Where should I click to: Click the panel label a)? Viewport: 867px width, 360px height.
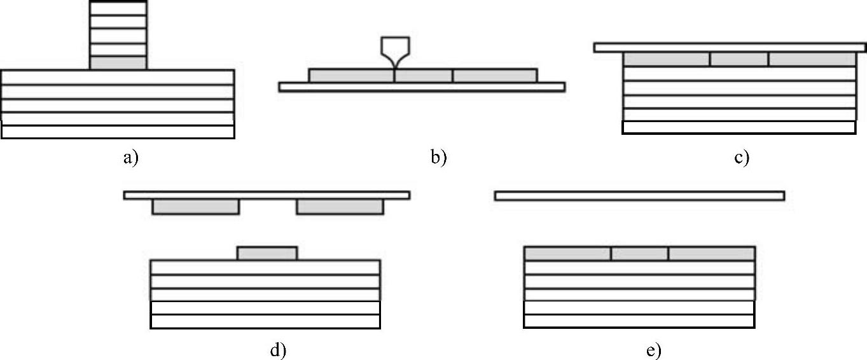click(130, 157)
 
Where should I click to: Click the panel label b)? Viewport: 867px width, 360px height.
click(438, 157)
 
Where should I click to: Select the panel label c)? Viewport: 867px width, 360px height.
click(741, 157)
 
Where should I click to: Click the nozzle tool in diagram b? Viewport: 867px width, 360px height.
click(394, 51)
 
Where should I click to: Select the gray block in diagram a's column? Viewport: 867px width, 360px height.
click(118, 63)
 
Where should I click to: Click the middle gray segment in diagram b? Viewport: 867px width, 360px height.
click(424, 76)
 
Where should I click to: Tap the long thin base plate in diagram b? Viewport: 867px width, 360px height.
click(422, 87)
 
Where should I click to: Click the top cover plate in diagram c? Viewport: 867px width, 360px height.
click(729, 48)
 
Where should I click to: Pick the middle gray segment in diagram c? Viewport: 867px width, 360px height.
click(739, 59)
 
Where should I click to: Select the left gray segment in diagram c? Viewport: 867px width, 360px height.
click(666, 59)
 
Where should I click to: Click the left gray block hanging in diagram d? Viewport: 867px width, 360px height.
click(196, 207)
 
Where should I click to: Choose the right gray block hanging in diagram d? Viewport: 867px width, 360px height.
click(340, 207)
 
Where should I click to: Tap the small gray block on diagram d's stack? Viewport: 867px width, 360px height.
click(267, 253)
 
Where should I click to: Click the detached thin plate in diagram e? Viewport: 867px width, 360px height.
click(639, 196)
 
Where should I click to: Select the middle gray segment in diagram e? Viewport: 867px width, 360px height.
click(639, 254)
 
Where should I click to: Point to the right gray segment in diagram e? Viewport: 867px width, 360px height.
click(711, 254)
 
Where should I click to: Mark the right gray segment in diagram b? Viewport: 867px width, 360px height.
click(495, 76)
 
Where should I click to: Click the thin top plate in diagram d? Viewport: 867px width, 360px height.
click(267, 195)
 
